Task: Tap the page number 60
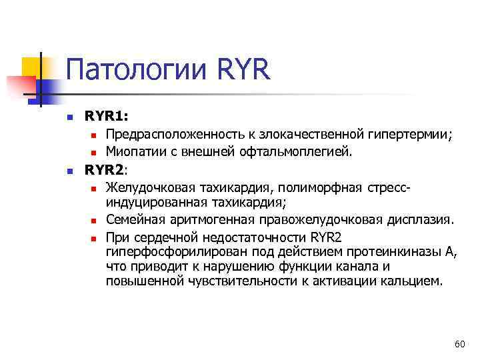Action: (459, 344)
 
